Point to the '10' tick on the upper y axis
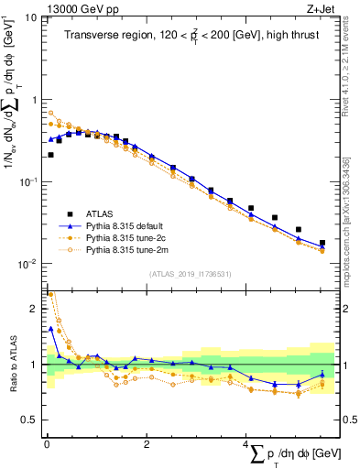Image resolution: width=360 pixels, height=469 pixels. click(31, 17)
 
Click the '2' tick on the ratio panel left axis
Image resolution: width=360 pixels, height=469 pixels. click(35, 310)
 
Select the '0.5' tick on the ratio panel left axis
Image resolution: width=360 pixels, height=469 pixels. click(30, 420)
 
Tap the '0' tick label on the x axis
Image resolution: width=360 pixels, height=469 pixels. click(47, 443)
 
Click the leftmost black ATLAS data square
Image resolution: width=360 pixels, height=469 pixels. click(49, 155)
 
